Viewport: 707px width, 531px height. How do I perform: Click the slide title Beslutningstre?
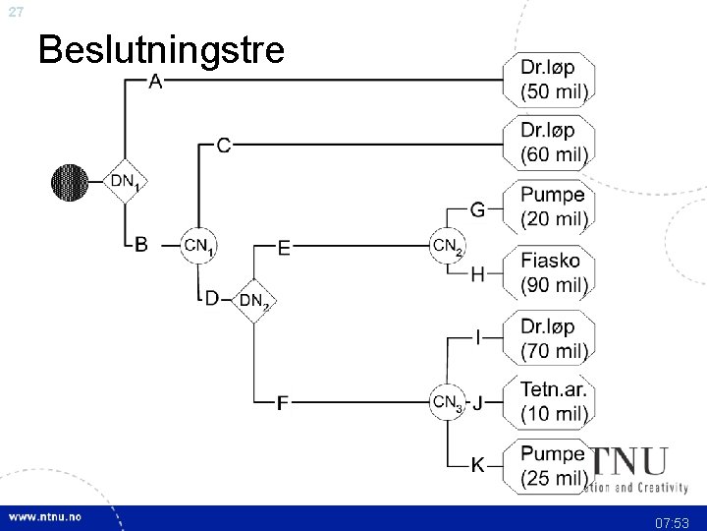point(160,48)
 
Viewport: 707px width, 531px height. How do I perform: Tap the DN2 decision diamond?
point(254,299)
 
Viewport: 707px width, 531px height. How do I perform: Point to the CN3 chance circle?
point(447,401)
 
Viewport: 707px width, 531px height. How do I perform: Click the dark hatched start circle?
point(69,181)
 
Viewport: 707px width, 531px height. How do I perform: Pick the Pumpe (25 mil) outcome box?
point(553,466)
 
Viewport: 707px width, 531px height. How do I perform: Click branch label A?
point(155,81)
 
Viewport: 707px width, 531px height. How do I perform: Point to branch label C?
point(224,146)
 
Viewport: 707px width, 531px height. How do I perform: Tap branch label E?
point(284,248)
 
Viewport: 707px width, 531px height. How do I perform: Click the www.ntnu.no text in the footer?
point(47,517)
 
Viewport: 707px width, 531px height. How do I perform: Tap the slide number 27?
point(13,11)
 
